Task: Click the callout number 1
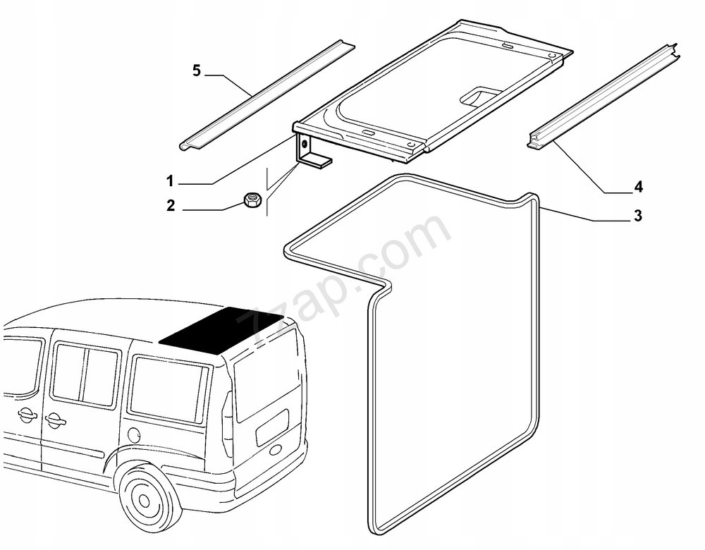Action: click(170, 182)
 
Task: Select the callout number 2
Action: click(171, 207)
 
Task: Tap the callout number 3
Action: click(637, 216)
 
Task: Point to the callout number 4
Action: click(638, 187)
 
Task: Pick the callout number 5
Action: click(196, 71)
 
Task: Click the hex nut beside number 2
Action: click(250, 200)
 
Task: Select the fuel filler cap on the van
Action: click(134, 434)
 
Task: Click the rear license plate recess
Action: click(273, 427)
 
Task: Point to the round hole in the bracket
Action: click(305, 144)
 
